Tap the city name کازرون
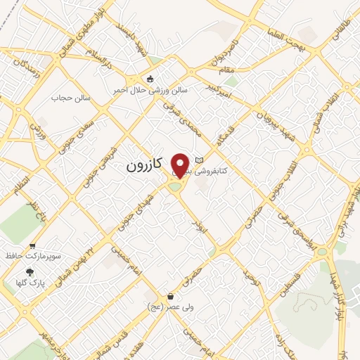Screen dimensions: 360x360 click(143, 165)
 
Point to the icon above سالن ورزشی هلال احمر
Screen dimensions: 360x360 click(149, 79)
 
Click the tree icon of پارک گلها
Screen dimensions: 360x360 click(29, 272)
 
